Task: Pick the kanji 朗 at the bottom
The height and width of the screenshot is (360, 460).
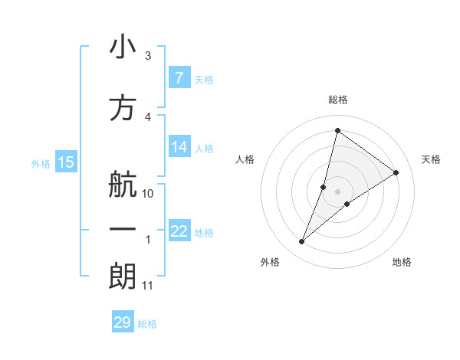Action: [123, 277]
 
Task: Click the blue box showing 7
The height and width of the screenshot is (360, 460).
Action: [179, 77]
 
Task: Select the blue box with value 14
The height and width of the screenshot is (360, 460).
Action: [179, 147]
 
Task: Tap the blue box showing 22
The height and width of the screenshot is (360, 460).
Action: [179, 231]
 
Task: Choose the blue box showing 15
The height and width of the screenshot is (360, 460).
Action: [65, 162]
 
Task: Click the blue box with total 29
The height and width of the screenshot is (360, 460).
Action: [123, 322]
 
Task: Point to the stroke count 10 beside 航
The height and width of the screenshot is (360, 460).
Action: [148, 194]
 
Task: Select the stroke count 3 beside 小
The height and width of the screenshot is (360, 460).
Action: [147, 56]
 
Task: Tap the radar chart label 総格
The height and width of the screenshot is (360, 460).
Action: [337, 100]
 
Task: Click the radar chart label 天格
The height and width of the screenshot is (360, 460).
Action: [431, 159]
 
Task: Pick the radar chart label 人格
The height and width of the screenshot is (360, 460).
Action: [245, 159]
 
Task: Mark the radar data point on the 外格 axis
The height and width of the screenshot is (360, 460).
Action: [302, 242]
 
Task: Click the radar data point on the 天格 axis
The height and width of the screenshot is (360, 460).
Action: [396, 173]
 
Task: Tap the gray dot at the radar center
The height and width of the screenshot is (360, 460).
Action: [337, 191]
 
